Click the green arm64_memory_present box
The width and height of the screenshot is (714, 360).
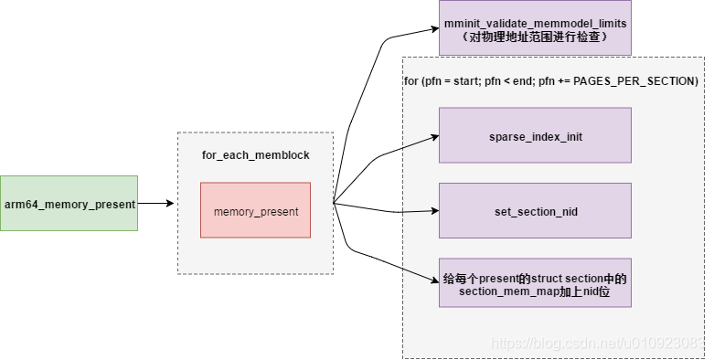(x=69, y=203)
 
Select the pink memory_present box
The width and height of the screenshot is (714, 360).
(x=256, y=211)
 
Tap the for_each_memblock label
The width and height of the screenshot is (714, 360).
(x=255, y=155)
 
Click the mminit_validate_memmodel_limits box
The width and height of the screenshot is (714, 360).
(x=535, y=28)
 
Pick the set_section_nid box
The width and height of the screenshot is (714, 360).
(x=535, y=211)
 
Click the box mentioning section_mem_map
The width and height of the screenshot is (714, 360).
(x=535, y=283)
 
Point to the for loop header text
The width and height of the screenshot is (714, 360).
(x=551, y=81)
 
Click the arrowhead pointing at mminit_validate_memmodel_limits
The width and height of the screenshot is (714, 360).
(x=434, y=29)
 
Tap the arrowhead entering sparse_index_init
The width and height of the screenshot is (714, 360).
(x=434, y=136)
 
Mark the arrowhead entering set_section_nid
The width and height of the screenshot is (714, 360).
(x=434, y=211)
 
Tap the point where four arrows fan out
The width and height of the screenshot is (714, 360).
(x=334, y=203)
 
